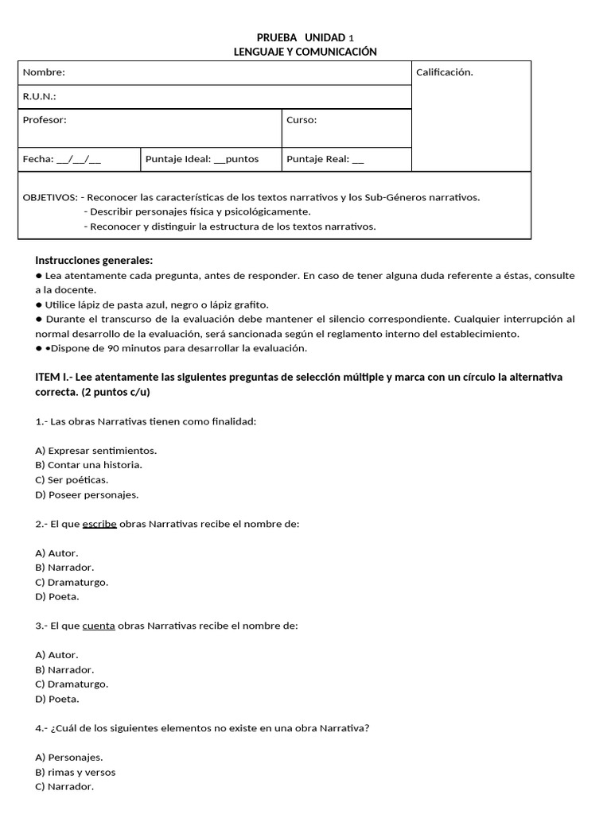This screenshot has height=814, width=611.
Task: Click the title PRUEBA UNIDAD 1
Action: tap(305, 37)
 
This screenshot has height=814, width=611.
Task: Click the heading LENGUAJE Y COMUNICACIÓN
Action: tap(305, 52)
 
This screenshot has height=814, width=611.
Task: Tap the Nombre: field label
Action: tap(44, 72)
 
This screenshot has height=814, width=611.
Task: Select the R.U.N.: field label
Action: tap(40, 96)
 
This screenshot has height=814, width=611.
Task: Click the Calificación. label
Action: tap(444, 72)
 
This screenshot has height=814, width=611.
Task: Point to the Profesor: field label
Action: tap(45, 120)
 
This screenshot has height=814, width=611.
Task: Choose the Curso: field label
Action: tap(302, 120)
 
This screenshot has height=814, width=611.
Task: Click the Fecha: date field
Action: tap(62, 159)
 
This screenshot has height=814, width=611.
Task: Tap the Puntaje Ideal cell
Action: tap(202, 159)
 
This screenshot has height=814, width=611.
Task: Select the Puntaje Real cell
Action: tap(325, 159)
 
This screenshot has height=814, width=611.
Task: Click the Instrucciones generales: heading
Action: tap(94, 261)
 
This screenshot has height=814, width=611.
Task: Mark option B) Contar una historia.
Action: tap(89, 465)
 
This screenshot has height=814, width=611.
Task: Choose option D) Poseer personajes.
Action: tap(87, 494)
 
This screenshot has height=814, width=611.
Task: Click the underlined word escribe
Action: tap(99, 524)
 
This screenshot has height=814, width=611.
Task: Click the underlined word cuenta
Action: tap(99, 626)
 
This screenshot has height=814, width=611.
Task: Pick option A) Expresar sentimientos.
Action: tap(96, 450)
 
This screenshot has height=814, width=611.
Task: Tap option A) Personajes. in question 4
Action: tap(69, 757)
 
